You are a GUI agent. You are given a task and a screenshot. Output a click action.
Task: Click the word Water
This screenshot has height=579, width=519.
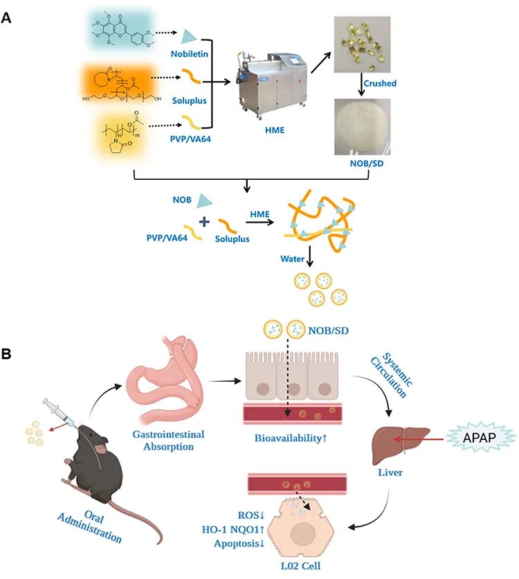click(293, 261)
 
